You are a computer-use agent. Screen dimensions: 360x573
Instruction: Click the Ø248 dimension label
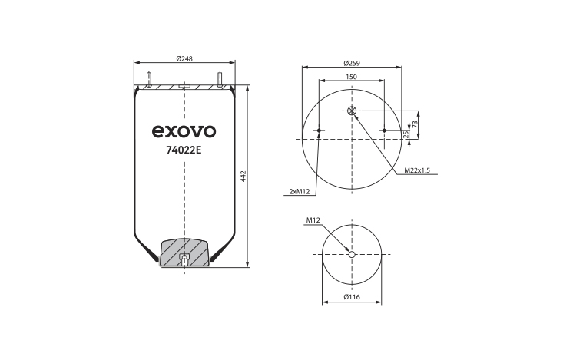184,59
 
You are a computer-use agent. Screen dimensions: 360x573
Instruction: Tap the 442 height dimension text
243,177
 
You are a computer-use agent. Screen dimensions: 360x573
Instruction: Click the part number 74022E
184,150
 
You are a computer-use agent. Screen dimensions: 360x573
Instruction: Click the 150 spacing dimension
351,77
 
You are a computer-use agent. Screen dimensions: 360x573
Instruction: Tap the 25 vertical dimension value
405,135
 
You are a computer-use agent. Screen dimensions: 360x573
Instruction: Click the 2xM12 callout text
299,191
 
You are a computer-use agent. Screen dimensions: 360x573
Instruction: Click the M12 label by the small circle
313,220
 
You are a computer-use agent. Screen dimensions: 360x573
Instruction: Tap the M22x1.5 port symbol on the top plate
352,111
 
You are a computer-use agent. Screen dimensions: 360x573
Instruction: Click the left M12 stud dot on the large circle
320,130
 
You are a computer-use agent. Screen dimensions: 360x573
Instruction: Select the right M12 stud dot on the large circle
383,130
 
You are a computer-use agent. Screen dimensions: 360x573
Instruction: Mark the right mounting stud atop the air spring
220,79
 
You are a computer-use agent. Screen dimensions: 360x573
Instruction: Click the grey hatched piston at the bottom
184,251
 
